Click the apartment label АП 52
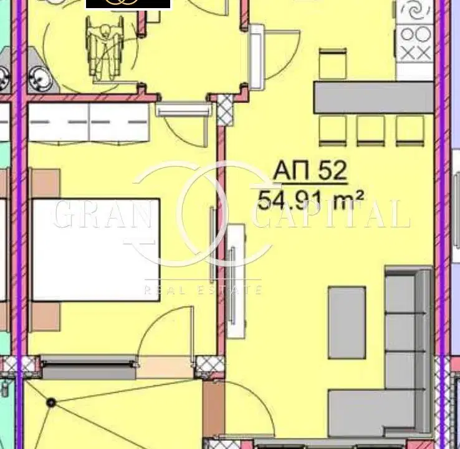coord(310,170)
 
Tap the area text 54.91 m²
coord(310,200)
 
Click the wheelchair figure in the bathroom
coord(103,49)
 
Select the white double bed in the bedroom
coord(96,250)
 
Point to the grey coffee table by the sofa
coord(347,322)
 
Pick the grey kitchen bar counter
coord(373,97)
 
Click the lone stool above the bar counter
coord(333,64)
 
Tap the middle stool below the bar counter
coord(371,131)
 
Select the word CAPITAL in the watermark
coord(332,214)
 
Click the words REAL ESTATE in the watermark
coord(203,290)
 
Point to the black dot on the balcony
coord(51,402)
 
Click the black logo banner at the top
coord(128,4)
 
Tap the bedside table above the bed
coord(46,183)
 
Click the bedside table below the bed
coord(46,317)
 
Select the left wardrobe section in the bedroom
coord(59,123)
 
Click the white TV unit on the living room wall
coord(236,281)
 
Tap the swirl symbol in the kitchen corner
coord(415,12)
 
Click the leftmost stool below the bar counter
coord(333,131)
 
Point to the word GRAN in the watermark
coord(103,214)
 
